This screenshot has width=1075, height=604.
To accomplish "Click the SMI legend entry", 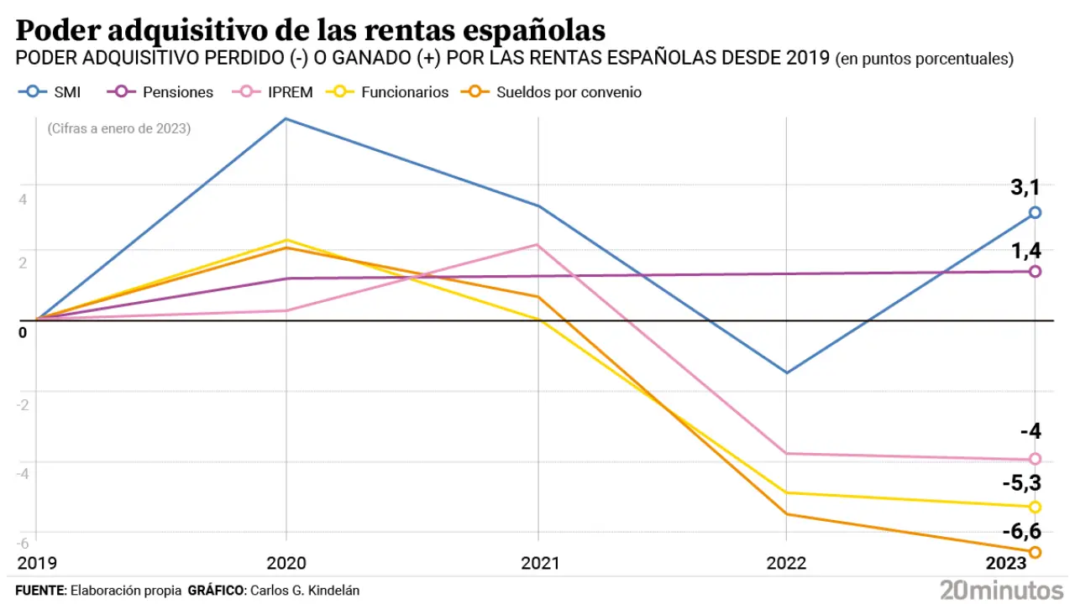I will pos(50,92).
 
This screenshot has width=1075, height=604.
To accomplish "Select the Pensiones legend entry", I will pos(160,92).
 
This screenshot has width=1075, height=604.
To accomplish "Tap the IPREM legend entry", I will pos(272,92).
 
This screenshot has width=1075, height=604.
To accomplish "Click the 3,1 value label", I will pos(1025,188).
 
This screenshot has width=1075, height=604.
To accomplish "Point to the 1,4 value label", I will pos(1025,249).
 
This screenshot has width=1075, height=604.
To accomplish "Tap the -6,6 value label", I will pos(1021,530).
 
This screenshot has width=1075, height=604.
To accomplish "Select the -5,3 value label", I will pos(1021,483).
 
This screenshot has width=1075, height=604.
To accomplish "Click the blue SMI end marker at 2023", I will pos(1035,213).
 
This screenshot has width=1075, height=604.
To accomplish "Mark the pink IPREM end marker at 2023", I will pos(1035,459).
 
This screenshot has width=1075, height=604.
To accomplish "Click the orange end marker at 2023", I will pos(1035,552).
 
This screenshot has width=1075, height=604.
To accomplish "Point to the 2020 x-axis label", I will pos(286,562).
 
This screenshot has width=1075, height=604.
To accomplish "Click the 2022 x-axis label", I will pos(787,562).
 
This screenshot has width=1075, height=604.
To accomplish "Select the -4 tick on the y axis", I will pos(24,472).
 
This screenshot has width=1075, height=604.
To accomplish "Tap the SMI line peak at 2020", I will pos(286,118).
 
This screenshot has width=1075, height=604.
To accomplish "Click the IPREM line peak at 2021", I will pos(537,245).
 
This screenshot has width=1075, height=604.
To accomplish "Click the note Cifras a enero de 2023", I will pos(119,129).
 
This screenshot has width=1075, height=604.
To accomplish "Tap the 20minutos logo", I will pos(1001,589).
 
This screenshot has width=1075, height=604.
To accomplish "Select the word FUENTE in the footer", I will pos(39,591).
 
